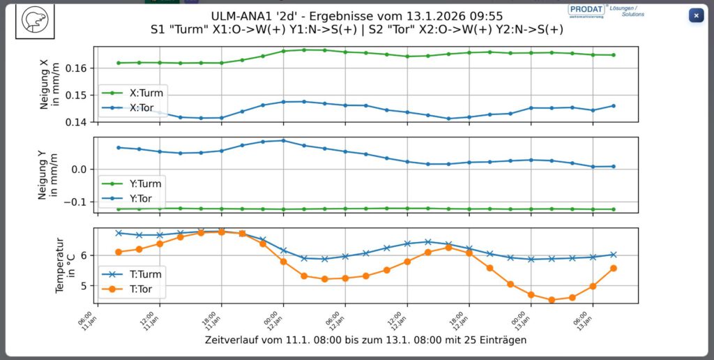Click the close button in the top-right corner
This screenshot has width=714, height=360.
coord(696,15)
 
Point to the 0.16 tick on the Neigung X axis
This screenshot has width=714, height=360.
coord(77,68)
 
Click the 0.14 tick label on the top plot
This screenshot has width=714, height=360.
coord(77,122)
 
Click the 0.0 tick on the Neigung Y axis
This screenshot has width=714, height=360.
coord(79,170)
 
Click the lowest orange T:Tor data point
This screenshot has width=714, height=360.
coord(552,300)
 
